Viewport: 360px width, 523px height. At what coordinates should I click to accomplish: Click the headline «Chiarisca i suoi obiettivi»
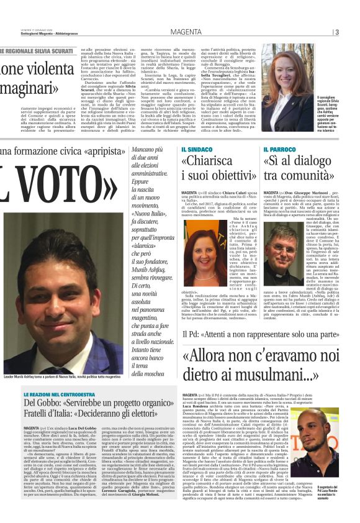pos(217,171)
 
